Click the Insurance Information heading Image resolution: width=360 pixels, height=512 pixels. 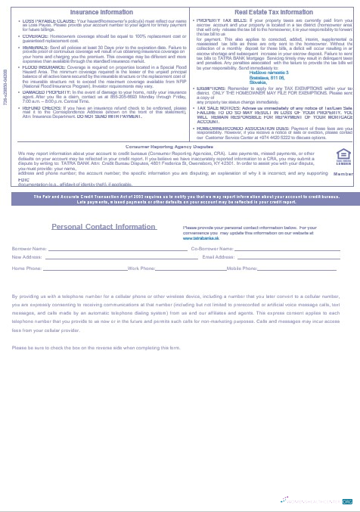(x=97, y=13)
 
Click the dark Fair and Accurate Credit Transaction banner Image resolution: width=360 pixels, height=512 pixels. (x=179, y=200)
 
